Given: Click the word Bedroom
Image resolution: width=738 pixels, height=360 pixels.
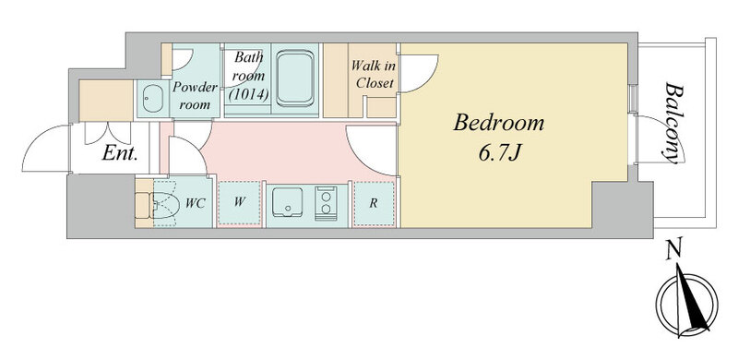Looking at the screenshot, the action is click(498, 123).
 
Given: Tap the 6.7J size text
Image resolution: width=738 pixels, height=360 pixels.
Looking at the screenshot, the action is click(499, 153).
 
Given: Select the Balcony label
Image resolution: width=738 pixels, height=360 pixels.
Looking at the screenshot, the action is click(674, 124).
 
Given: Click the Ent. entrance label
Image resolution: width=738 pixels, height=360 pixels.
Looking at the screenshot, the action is click(120, 153).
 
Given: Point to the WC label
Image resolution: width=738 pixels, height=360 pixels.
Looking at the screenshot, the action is click(195, 204).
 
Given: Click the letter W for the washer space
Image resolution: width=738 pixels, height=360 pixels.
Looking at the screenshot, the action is click(240, 203).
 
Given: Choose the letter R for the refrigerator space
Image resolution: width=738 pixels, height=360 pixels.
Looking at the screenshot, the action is click(374, 203).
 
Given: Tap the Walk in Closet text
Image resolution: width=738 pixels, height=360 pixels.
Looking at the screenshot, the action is click(374, 75).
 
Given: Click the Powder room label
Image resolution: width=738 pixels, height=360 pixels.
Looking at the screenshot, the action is click(195, 96).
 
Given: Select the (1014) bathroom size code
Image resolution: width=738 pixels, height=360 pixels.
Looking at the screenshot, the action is click(248, 94).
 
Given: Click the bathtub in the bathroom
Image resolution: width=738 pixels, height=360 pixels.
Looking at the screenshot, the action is click(295, 78).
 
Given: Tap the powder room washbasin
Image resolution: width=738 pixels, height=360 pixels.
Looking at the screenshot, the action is click(152, 99).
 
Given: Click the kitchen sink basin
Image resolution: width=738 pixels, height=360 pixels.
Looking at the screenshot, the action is click(288, 202).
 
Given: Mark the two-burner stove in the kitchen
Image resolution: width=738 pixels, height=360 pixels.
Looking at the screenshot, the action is click(326, 203).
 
